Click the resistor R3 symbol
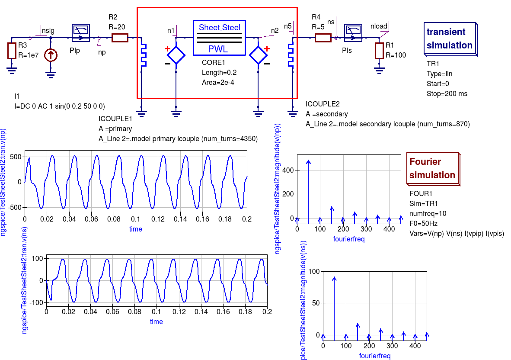(x=12, y=51)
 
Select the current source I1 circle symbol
(x=51, y=55)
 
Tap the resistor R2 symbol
(x=120, y=38)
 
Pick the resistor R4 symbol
(x=323, y=38)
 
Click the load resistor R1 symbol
(x=379, y=51)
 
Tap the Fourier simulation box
(x=432, y=169)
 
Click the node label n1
(x=171, y=30)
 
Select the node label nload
(x=379, y=26)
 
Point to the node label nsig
(x=48, y=30)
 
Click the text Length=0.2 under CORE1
(x=219, y=72)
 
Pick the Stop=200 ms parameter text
(x=447, y=93)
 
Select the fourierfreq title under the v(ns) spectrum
(x=375, y=356)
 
